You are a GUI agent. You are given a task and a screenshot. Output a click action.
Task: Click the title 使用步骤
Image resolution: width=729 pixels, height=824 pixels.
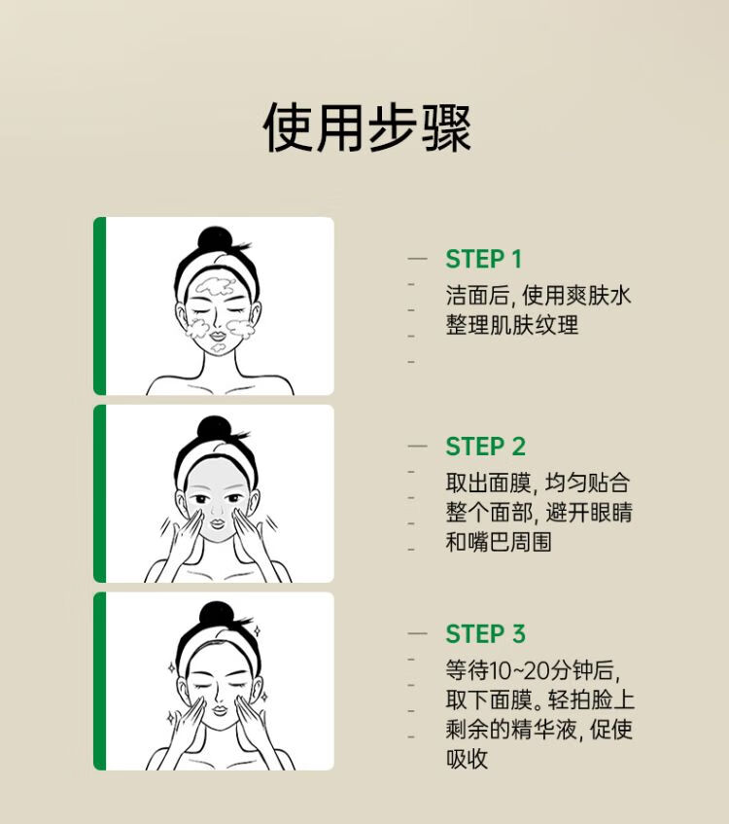coord(366,127)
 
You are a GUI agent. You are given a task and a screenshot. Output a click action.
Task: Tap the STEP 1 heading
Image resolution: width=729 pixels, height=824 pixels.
coord(484,259)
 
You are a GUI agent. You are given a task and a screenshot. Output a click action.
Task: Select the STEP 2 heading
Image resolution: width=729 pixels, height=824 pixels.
coord(485,447)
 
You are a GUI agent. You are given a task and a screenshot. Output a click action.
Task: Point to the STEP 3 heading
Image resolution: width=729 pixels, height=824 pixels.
coord(485,633)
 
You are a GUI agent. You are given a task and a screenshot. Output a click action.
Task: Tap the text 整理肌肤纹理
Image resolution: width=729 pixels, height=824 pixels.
coord(512,325)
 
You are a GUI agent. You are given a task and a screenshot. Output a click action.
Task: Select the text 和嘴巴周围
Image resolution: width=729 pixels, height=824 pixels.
coord(499,542)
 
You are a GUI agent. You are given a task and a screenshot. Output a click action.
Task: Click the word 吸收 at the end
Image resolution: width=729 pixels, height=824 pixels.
coord(467,758)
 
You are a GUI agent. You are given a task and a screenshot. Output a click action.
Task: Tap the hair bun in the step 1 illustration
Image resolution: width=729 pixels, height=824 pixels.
coord(214,239)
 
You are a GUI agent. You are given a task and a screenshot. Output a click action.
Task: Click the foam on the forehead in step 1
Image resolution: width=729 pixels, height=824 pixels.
coord(216,285)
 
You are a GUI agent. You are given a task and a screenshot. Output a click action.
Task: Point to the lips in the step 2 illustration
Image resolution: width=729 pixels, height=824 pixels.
coord(217,523)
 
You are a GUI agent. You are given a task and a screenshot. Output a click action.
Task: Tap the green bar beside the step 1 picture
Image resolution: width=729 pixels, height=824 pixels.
coord(99,305)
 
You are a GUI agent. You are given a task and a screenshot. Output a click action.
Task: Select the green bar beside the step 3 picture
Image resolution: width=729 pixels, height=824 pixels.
coord(99,681)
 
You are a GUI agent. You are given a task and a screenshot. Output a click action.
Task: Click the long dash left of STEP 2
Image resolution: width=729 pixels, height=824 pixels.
coord(418,446)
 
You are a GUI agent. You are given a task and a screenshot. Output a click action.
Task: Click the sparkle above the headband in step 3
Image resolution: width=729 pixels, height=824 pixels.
coord(257,630)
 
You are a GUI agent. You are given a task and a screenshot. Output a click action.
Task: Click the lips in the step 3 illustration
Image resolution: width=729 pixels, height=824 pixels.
coord(219,710)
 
